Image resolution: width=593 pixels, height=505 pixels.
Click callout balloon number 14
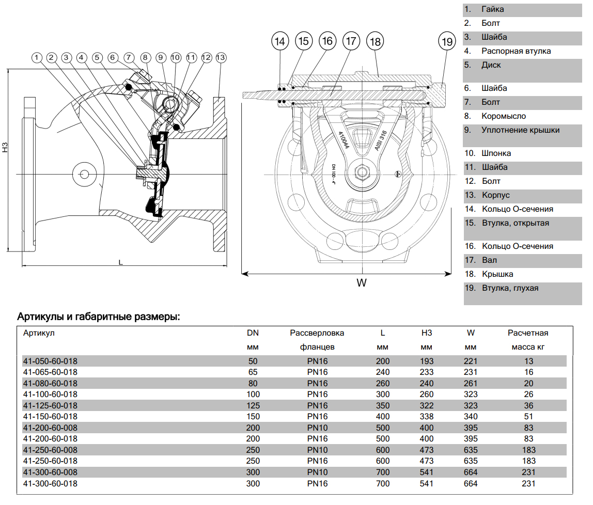coord(280,41)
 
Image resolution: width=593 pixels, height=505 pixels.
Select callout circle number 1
coord(36,58)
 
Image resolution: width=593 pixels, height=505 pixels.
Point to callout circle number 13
coord(221,58)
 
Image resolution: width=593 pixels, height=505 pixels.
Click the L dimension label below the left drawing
coord(120,262)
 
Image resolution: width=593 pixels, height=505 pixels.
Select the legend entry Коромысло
coord(504,116)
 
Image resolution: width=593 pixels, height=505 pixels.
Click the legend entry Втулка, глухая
coord(510,288)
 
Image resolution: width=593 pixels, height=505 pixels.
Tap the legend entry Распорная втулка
coord(516,51)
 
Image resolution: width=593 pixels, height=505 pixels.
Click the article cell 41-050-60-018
coord(50,361)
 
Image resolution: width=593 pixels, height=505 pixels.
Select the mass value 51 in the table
coord(528,417)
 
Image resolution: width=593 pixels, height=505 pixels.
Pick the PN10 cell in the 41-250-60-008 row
coord(317,450)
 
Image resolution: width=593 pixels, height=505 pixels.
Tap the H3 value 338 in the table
coord(427,417)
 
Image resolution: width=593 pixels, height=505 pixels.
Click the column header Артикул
coord(39,333)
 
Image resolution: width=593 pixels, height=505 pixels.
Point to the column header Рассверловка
coord(317,333)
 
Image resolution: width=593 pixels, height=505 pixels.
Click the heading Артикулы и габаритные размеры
coord(99,316)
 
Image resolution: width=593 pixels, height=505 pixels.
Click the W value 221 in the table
coord(471,361)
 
